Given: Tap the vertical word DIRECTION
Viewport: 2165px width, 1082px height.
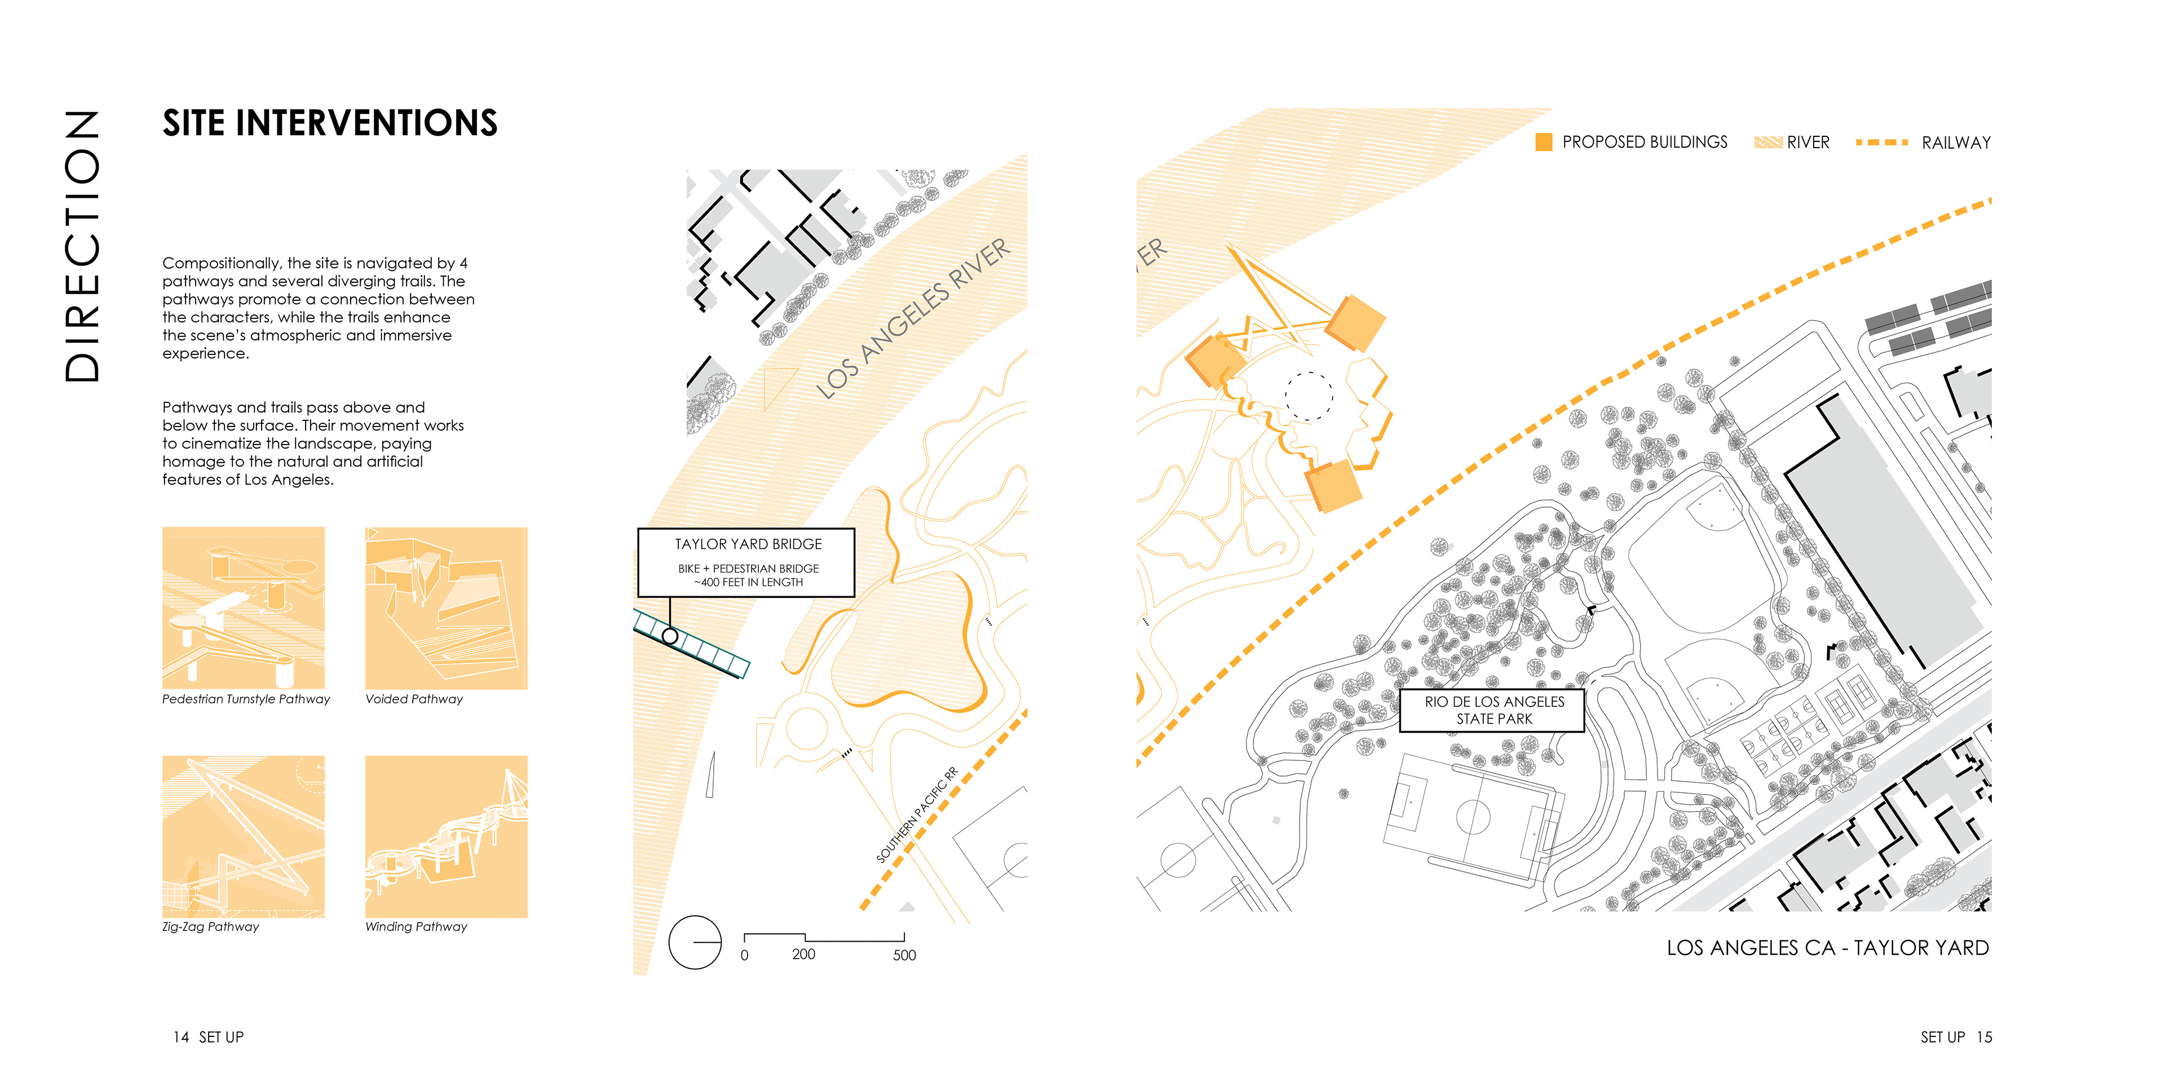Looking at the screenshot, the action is [82, 246].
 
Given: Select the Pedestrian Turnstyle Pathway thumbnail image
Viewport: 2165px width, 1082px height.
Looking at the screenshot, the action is [243, 608].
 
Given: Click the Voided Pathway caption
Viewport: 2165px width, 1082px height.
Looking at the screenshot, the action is [413, 699].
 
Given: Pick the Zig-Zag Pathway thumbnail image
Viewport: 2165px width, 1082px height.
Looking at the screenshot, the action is [243, 836].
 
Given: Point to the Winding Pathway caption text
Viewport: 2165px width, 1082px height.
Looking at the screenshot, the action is [416, 926].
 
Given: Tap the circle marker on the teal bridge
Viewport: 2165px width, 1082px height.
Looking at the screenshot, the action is [670, 636].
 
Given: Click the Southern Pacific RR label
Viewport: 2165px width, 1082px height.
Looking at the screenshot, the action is [916, 815].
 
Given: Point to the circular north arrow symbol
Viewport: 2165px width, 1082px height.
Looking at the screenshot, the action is [694, 942].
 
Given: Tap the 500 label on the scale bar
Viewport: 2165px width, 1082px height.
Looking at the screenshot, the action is [904, 955].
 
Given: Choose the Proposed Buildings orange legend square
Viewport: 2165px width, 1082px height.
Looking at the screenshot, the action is [1544, 142].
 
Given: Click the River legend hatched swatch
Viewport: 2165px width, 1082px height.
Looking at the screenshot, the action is [1768, 142].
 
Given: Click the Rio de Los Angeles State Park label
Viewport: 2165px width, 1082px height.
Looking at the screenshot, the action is [1494, 710].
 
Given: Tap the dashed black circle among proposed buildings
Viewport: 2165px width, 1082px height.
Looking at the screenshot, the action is [1309, 396].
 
